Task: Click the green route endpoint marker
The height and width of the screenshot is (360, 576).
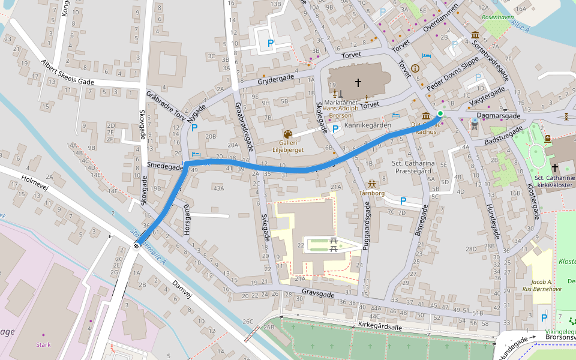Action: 440,113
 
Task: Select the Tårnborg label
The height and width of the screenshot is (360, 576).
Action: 371,194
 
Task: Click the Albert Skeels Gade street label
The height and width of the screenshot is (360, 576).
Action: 68,73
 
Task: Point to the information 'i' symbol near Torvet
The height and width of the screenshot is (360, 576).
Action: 415,68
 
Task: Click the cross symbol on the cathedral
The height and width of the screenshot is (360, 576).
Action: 358,82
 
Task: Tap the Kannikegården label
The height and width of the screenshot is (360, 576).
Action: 368,125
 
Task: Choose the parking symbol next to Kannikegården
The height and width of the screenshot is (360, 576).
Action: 335,128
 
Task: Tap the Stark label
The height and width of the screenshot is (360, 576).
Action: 43,344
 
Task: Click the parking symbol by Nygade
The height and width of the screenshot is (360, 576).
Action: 193,128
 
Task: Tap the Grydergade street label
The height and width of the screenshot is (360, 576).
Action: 275,79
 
